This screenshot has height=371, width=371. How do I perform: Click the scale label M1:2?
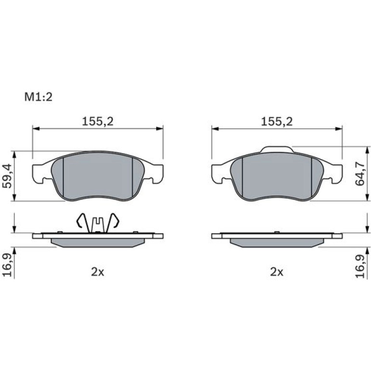(x=39, y=97)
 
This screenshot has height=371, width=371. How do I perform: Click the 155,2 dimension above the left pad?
(x=98, y=121)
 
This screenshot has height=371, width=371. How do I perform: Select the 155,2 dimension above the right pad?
(x=277, y=121)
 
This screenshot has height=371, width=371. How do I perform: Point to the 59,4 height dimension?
(x=7, y=176)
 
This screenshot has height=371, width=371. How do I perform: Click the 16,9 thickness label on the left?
(x=7, y=265)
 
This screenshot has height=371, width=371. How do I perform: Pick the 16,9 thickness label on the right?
(x=361, y=266)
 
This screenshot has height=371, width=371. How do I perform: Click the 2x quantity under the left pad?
(x=97, y=272)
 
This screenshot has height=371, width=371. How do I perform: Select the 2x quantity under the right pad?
(x=277, y=272)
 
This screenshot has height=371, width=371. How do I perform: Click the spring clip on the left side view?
(x=98, y=223)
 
